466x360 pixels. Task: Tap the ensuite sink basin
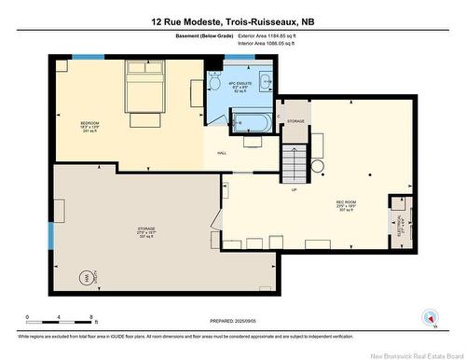point(264,81)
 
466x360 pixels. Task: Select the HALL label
point(222,153)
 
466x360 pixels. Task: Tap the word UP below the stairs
point(295,189)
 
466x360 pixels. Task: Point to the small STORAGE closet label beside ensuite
point(295,121)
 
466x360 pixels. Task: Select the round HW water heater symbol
point(85,277)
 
